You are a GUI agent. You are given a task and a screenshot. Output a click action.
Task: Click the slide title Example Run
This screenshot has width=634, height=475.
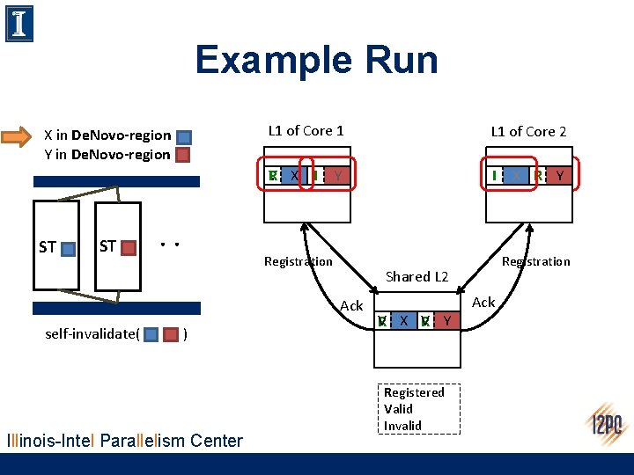(x=316, y=60)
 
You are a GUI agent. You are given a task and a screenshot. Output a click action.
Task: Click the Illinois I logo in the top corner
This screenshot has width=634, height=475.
(x=19, y=23)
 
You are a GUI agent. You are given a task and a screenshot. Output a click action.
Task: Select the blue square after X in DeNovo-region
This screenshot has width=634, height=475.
(x=183, y=137)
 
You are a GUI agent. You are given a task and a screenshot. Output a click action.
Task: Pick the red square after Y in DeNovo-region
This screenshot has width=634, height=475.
(x=183, y=156)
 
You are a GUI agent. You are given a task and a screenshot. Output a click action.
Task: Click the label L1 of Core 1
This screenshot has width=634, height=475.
(x=306, y=130)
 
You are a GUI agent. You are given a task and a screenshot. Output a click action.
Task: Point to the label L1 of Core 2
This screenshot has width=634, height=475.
(x=528, y=131)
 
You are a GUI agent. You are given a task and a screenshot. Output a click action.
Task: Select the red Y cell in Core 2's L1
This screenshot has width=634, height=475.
(x=560, y=176)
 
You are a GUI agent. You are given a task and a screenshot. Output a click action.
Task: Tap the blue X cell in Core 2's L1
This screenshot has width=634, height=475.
(x=516, y=176)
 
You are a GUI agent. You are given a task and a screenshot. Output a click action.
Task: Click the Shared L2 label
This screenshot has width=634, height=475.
(x=417, y=276)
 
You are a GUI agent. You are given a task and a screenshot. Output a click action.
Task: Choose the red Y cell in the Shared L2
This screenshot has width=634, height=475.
(x=448, y=321)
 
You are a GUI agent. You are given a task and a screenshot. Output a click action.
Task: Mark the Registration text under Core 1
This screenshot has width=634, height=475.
(x=299, y=261)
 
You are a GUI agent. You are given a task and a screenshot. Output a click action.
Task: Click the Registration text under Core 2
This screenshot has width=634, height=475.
(x=535, y=261)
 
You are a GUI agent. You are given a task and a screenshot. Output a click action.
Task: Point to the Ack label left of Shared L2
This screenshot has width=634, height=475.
(x=351, y=305)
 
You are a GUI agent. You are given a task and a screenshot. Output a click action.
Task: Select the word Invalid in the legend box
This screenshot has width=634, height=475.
(x=402, y=426)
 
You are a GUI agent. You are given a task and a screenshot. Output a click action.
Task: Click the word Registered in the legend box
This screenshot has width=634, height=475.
(x=414, y=393)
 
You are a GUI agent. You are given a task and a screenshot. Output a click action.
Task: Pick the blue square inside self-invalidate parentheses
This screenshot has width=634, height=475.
(x=151, y=334)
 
